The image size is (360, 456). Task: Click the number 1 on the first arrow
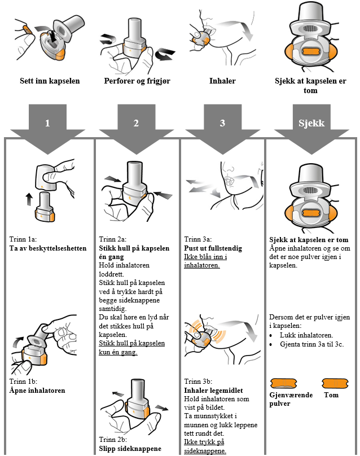(47, 124)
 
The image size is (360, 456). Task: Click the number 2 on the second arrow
(136, 124)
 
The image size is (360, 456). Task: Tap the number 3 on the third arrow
(223, 124)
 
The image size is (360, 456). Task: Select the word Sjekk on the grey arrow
(311, 124)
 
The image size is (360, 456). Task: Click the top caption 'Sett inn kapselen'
(50, 81)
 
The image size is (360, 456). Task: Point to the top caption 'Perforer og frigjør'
(137, 81)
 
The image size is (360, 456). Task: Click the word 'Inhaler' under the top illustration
(222, 81)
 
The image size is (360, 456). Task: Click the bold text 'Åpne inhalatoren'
(37, 390)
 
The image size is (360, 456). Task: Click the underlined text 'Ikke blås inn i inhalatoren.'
(204, 260)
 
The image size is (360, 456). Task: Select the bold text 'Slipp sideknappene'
(130, 449)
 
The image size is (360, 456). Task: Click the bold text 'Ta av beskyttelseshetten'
(48, 248)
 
